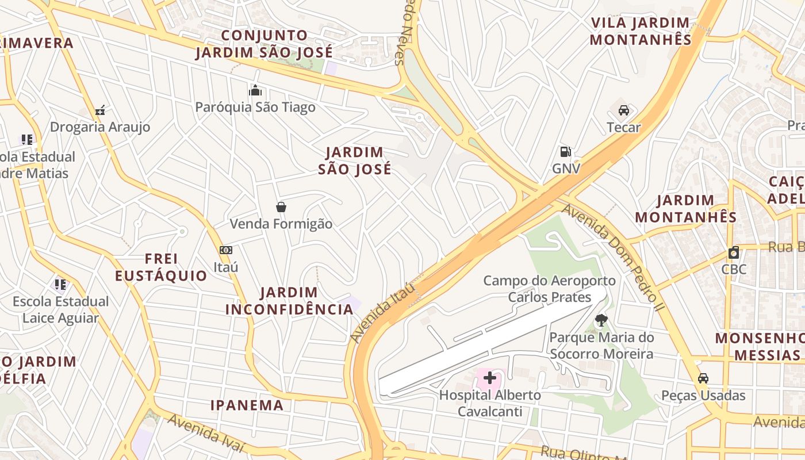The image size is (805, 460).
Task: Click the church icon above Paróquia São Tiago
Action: pyautogui.click(x=255, y=90)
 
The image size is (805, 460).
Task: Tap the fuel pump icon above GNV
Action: pyautogui.click(x=566, y=152)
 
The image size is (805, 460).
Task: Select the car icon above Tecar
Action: pyautogui.click(x=623, y=110)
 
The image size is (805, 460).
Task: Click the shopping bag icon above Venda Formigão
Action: pyautogui.click(x=281, y=207)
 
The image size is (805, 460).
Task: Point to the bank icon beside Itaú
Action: pyautogui.click(x=226, y=250)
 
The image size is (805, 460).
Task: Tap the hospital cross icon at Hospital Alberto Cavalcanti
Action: pyautogui.click(x=490, y=378)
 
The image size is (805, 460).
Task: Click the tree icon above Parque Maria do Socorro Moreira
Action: pyautogui.click(x=601, y=320)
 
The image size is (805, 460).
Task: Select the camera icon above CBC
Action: pyautogui.click(x=734, y=252)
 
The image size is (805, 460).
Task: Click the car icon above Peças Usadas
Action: pyautogui.click(x=703, y=378)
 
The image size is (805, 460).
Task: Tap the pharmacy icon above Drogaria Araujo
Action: pyautogui.click(x=100, y=110)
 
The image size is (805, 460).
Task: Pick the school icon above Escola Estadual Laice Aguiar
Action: pyautogui.click(x=60, y=284)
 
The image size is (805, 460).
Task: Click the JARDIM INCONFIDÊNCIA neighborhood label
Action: pyautogui.click(x=289, y=301)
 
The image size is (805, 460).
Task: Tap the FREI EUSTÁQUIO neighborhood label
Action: pyautogui.click(x=161, y=267)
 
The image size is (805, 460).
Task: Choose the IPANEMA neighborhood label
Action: pyautogui.click(x=247, y=405)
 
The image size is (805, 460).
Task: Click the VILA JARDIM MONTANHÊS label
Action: pyautogui.click(x=641, y=31)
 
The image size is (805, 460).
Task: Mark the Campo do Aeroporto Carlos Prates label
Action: pyautogui.click(x=549, y=289)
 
